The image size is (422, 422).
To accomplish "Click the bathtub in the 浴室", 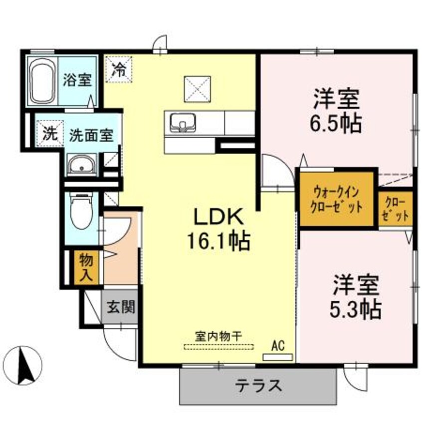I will point(41,81).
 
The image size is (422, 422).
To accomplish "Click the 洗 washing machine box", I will point(49,134).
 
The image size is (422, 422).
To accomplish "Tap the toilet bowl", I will point(81,211).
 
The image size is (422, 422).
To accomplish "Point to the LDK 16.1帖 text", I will point(218,229).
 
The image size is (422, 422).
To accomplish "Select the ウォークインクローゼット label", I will point(337,199).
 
